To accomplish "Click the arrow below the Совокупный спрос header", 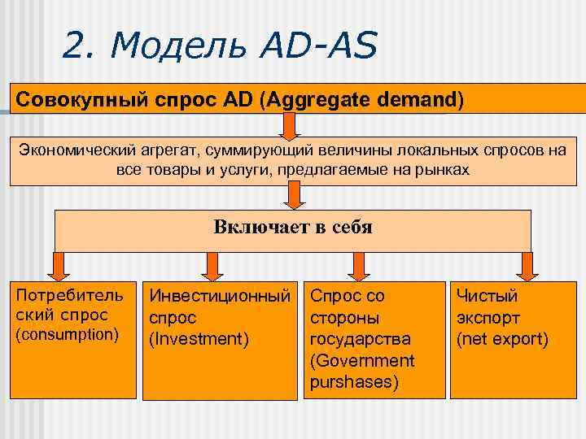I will click(291, 127).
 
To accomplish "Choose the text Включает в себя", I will click(292, 227).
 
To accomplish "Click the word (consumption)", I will click(68, 334).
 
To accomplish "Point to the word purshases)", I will click(354, 381).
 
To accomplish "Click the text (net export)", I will click(502, 339).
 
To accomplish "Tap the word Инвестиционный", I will click(218, 297).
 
